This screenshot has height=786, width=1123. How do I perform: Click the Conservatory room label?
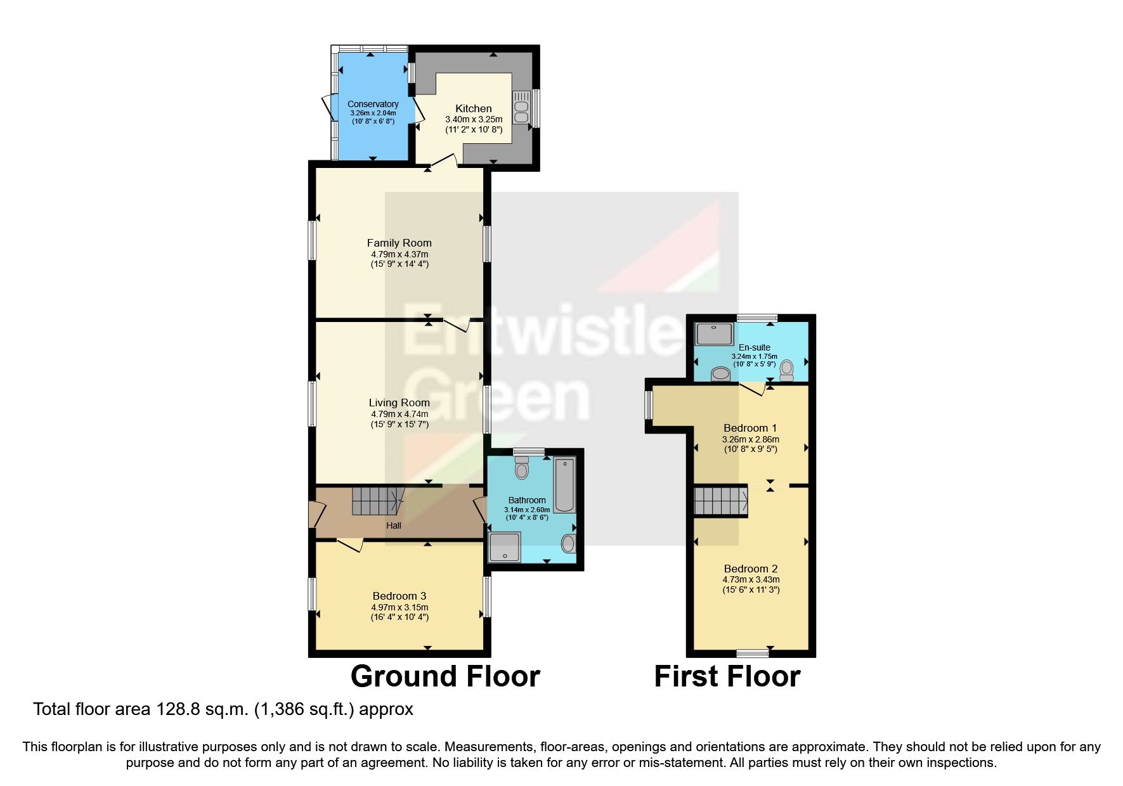(x=373, y=104)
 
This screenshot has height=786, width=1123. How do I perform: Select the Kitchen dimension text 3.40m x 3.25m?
(x=474, y=119)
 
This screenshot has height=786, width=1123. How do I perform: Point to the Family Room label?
(x=399, y=243)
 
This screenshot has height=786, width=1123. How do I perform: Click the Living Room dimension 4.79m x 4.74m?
(x=399, y=414)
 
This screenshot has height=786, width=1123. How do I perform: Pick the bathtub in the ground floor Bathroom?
(x=564, y=485)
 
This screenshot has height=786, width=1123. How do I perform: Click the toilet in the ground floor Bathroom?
(x=522, y=468)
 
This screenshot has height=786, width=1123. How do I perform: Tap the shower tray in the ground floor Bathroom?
(x=505, y=547)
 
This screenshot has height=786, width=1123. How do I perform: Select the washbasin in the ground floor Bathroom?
(x=568, y=543)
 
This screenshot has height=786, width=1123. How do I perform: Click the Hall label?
(x=394, y=525)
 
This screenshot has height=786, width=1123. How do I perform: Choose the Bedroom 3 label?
(x=399, y=596)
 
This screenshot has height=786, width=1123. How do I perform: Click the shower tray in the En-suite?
(x=714, y=333)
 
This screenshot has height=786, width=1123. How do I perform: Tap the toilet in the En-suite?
(x=787, y=370)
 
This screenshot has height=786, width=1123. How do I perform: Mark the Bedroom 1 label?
(x=750, y=428)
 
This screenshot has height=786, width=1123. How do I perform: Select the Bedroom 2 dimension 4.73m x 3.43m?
(x=751, y=579)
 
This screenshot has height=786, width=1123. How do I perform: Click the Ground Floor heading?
(x=445, y=676)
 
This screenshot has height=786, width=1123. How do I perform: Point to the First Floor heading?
(x=727, y=676)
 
